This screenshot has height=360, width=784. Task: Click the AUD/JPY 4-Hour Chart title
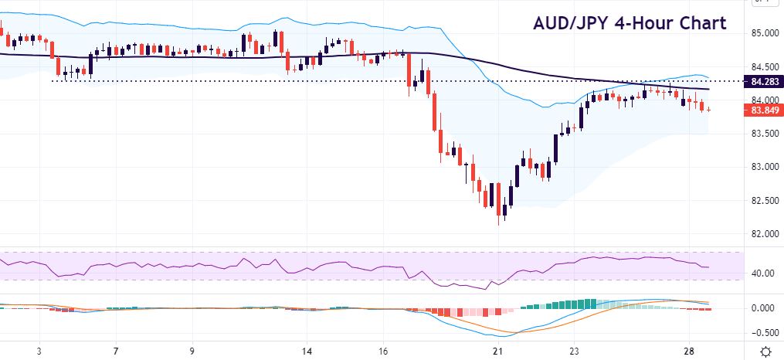pyautogui.click(x=630, y=23)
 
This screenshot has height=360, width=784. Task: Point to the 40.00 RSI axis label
pyautogui.click(x=763, y=273)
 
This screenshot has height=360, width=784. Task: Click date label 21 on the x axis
pyautogui.click(x=498, y=351)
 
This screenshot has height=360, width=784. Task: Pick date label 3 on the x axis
pyautogui.click(x=39, y=351)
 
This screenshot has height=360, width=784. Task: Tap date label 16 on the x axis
pyautogui.click(x=383, y=351)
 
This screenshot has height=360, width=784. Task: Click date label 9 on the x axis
pyautogui.click(x=192, y=351)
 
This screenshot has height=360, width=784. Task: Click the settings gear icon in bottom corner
pyautogui.click(x=765, y=352)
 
